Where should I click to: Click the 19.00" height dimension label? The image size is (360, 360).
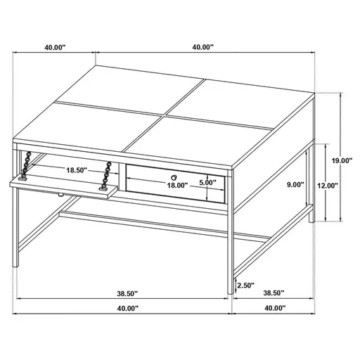(x=342, y=160)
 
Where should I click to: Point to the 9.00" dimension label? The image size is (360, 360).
(x=295, y=184)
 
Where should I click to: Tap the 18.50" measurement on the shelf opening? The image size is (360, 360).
(x=76, y=170)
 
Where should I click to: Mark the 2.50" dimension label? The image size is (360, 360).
(x=245, y=285)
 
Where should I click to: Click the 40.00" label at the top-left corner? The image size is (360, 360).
(x=54, y=47)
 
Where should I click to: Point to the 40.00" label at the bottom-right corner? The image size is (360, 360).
(x=274, y=308)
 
